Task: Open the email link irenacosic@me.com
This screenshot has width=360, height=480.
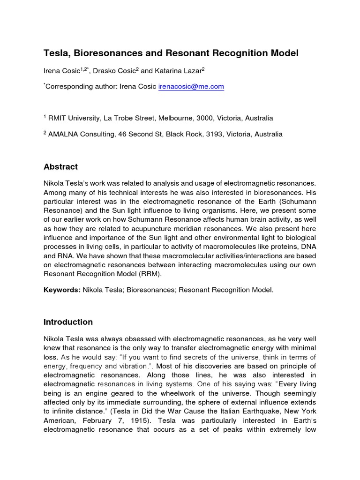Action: tap(185, 87)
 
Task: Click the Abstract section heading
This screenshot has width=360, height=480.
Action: tap(60, 167)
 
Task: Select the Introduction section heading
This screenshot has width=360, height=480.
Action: tap(68, 322)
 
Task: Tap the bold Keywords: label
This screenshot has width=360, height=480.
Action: tap(62, 290)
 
